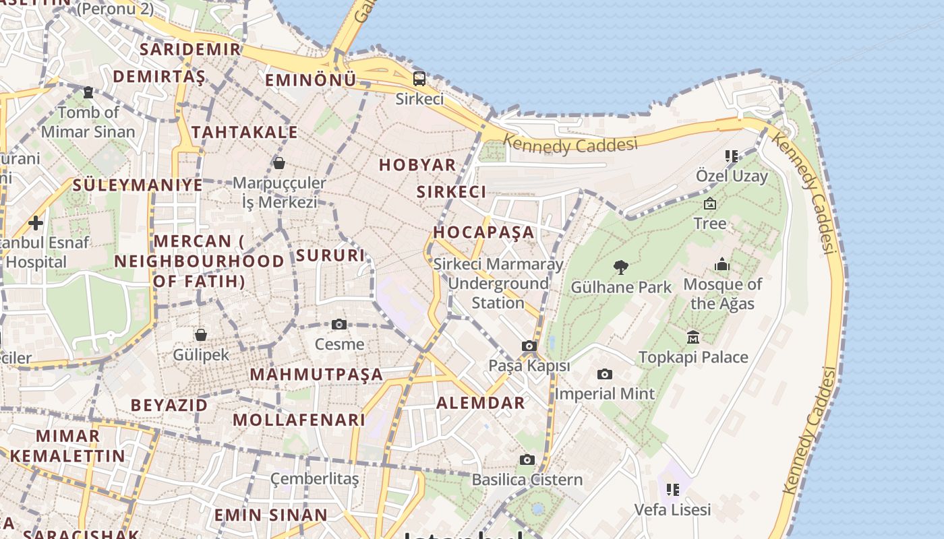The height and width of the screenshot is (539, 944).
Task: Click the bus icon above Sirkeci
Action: (419, 79)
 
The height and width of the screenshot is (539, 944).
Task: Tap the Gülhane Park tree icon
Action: (621, 267)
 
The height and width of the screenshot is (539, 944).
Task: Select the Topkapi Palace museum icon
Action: (692, 337)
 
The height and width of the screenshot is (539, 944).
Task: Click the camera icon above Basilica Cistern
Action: (527, 460)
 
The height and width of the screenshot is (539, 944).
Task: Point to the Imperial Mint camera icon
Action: (605, 374)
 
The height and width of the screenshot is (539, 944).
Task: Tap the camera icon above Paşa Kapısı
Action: (529, 346)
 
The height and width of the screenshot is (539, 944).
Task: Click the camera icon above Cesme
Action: (339, 325)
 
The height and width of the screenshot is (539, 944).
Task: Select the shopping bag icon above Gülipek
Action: (200, 335)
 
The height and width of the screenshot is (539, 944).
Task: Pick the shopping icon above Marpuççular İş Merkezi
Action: (278, 163)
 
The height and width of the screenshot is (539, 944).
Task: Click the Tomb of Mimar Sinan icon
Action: (88, 92)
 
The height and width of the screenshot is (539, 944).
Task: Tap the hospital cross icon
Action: (36, 222)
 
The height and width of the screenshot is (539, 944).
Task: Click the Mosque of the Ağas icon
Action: (722, 264)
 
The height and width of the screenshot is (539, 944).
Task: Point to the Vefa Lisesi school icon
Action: (672, 490)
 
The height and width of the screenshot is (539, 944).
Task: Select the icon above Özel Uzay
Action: (731, 156)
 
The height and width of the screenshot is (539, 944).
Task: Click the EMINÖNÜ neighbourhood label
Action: (310, 81)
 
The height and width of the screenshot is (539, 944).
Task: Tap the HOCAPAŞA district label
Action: (483, 232)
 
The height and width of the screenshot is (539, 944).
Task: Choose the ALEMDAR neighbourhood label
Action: (480, 403)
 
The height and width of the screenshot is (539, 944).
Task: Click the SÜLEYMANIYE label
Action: (138, 185)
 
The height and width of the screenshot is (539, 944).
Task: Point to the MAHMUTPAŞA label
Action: (316, 375)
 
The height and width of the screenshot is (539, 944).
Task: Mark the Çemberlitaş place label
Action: (314, 479)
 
